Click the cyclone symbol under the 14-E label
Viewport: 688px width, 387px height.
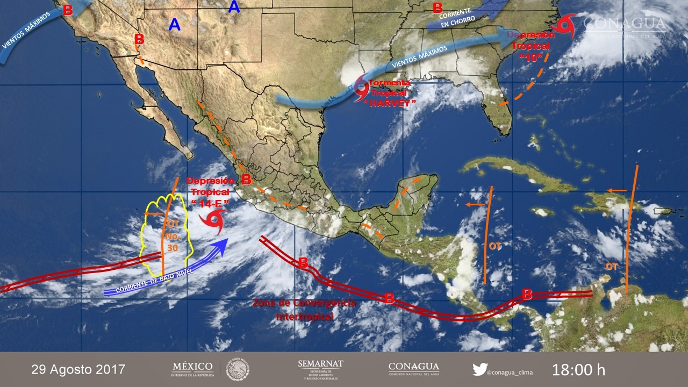point(213,220)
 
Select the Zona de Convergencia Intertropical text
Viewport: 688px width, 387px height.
point(305,310)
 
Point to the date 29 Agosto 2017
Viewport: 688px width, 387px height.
point(78,370)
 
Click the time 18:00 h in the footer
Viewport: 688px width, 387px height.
point(578,370)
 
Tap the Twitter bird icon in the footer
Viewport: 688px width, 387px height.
point(479,369)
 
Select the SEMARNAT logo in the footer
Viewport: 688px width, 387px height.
point(320,369)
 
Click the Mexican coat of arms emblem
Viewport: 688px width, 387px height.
point(237,370)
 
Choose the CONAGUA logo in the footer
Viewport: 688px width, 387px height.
point(412,369)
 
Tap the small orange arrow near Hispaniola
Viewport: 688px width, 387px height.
point(617,190)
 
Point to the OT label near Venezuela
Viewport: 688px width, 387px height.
point(611,266)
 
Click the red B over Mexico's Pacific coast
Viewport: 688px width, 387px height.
point(246,179)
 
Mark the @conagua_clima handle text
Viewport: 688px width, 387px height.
point(511,371)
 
